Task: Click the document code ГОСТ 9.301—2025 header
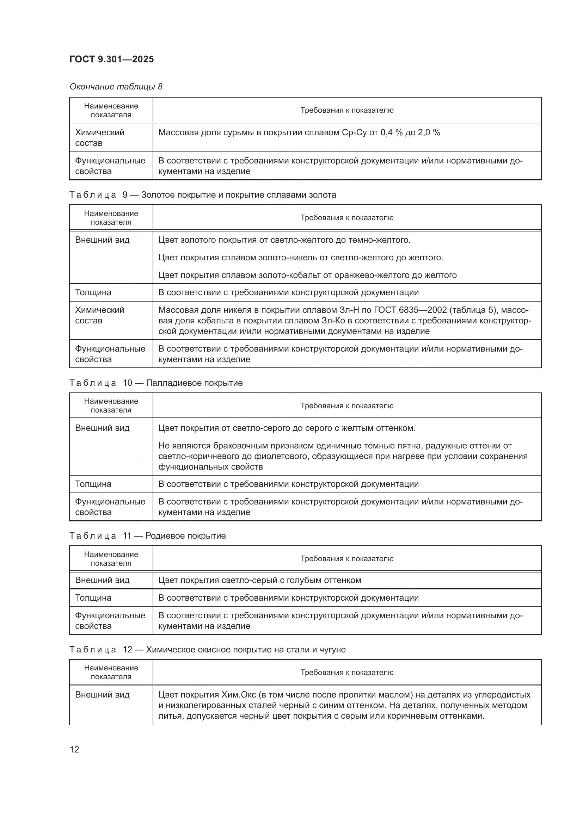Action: pyautogui.click(x=112, y=59)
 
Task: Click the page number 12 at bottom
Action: pyautogui.click(x=74, y=749)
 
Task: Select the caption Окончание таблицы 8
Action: pyautogui.click(x=116, y=87)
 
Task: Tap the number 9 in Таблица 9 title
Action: pyautogui.click(x=125, y=195)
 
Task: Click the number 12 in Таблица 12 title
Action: pyautogui.click(x=128, y=650)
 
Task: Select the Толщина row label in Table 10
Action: pyautogui.click(x=93, y=484)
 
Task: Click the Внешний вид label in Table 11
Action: pyautogui.click(x=102, y=580)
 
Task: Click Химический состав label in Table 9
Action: pyautogui.click(x=99, y=315)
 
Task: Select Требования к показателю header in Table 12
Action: pyautogui.click(x=347, y=672)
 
